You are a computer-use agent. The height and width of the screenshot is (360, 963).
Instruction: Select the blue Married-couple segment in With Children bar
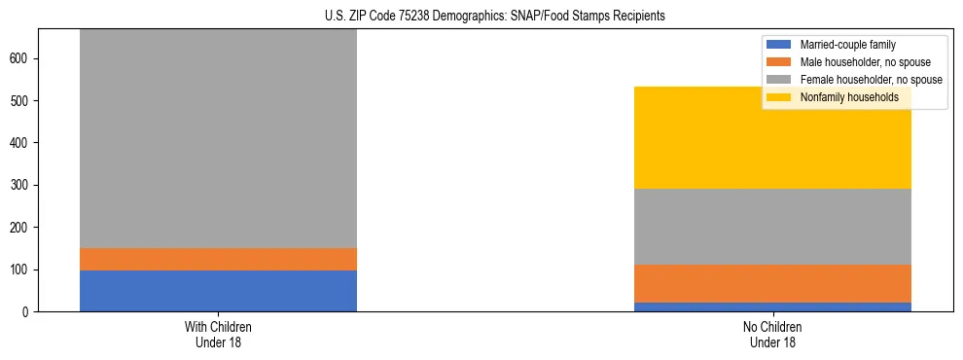pos(218,291)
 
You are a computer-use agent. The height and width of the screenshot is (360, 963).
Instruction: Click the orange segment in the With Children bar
pos(218,259)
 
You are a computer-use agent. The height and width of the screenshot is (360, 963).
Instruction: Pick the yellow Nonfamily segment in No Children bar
pos(772,137)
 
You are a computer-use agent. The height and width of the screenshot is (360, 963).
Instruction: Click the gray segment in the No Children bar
pos(772,227)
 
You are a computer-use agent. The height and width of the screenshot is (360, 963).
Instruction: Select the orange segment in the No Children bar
pos(772,283)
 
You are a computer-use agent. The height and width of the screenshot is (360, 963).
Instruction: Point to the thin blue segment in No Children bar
pos(772,306)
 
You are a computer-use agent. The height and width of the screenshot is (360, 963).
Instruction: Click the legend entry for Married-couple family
pos(847,45)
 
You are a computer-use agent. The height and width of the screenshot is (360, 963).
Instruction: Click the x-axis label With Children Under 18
pos(218,334)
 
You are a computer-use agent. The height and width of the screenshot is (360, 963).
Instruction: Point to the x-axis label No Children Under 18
pos(772,334)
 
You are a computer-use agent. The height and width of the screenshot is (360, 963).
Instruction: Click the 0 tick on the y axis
pos(27,311)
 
